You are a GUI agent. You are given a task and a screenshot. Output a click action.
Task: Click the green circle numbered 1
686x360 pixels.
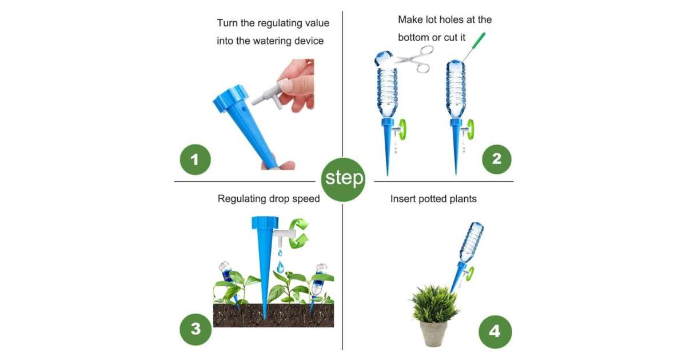(x=195, y=159)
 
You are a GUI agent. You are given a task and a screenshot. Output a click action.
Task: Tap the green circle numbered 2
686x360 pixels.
(x=496, y=159)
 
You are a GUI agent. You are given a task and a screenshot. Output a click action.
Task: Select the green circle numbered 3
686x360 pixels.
(x=196, y=329)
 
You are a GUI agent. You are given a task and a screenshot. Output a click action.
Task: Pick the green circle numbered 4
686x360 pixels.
(x=495, y=331)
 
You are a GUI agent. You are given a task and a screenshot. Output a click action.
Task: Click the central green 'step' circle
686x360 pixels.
(x=344, y=179)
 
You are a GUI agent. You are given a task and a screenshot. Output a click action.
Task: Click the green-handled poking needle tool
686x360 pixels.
(x=474, y=46)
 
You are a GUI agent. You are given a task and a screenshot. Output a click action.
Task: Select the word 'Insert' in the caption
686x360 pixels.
(x=402, y=199)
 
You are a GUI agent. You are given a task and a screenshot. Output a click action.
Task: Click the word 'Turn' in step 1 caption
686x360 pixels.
(x=228, y=23)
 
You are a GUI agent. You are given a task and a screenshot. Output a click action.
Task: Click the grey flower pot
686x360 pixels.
(x=433, y=333)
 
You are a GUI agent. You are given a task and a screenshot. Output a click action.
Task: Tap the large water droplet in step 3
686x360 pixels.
(x=280, y=267)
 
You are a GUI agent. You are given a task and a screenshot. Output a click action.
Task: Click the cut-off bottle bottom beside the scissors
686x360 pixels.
(x=383, y=58)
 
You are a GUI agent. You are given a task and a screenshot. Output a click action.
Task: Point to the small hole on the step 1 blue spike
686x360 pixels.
(x=244, y=109)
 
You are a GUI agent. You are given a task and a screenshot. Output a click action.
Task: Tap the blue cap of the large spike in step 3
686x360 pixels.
(x=265, y=222)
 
